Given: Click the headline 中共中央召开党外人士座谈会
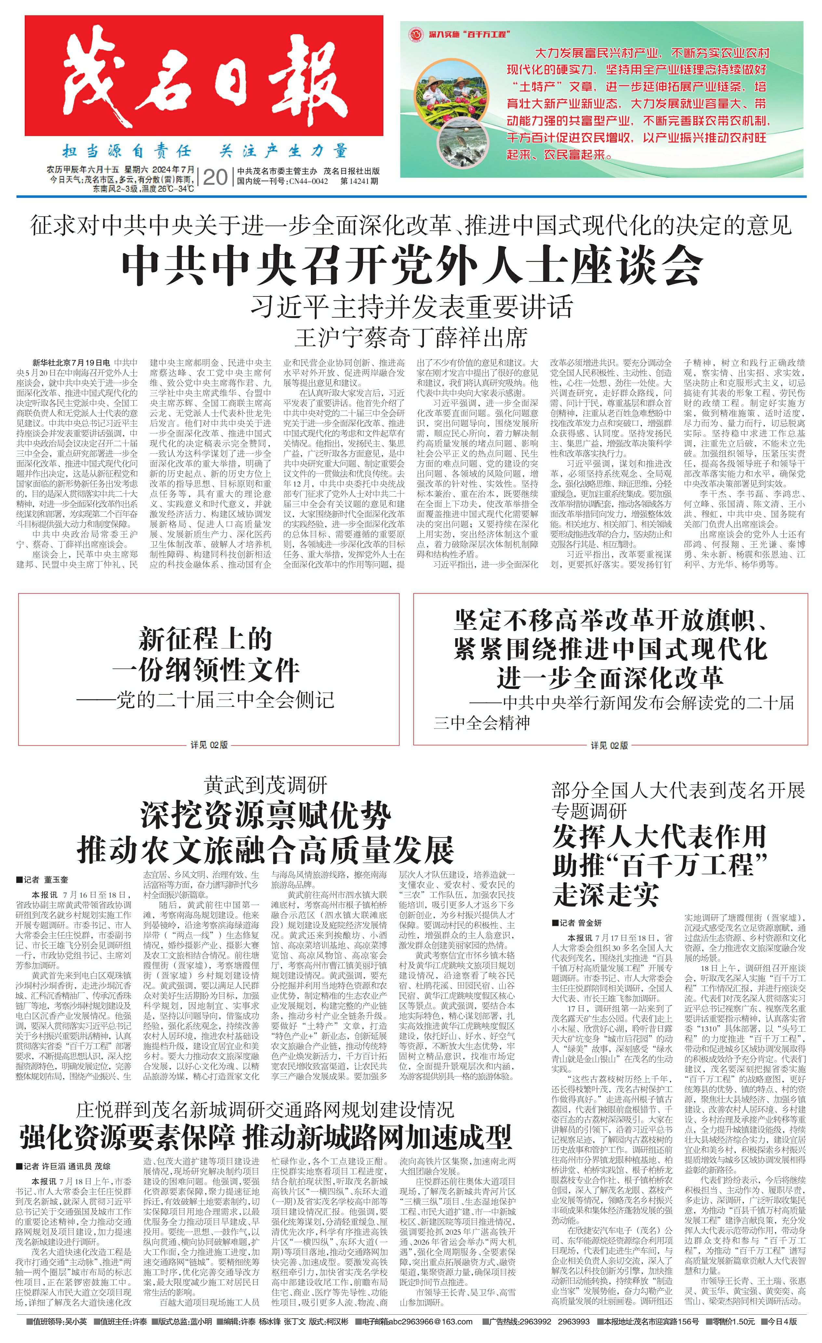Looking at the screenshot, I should pyautogui.click(x=411, y=266).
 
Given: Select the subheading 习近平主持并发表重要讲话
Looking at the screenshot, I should pyautogui.click(x=411, y=307).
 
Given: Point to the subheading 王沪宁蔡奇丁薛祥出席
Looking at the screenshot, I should pyautogui.click(x=411, y=338).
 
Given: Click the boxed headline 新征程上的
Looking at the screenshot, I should pyautogui.click(x=205, y=639).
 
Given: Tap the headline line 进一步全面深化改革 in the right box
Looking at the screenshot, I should pyautogui.click(x=610, y=678).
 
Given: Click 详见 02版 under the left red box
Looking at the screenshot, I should pyautogui.click(x=209, y=745).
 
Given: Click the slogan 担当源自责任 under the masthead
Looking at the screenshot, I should pyautogui.click(x=126, y=151).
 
